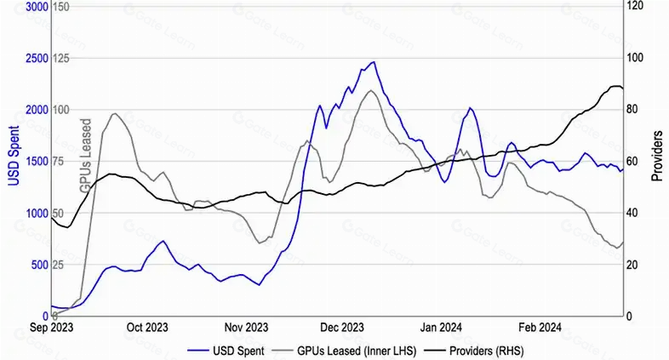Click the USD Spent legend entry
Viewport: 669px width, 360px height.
[x=226, y=351]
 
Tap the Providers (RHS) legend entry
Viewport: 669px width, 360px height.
[x=474, y=351]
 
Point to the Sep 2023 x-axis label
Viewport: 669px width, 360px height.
[x=51, y=328]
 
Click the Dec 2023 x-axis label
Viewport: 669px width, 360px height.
[x=342, y=328]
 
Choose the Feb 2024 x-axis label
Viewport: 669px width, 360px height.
[x=540, y=328]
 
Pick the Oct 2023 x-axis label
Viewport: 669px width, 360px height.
[x=147, y=328]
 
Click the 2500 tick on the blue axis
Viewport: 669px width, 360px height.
[x=37, y=58]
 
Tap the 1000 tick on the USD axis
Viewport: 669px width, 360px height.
[x=37, y=214]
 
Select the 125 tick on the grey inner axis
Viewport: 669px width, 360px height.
[x=61, y=58]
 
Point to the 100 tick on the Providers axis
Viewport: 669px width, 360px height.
[x=635, y=58]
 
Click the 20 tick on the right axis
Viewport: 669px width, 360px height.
[x=632, y=265]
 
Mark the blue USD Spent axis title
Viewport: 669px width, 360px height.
[x=14, y=156]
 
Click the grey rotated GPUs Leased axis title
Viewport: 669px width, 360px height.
[x=86, y=155]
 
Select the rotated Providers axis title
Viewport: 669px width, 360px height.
[x=657, y=156]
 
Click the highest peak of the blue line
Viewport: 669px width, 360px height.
[x=374, y=62]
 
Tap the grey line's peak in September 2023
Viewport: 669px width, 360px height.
[x=114, y=113]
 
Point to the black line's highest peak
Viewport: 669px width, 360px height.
[x=615, y=86]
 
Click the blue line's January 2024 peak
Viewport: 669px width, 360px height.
[x=470, y=108]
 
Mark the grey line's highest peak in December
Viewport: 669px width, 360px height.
[x=371, y=90]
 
